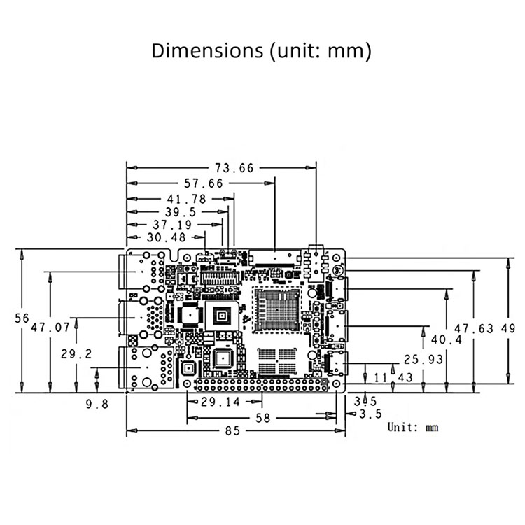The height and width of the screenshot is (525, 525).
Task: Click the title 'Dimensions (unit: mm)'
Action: (x=262, y=51)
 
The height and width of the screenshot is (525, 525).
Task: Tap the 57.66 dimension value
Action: (x=203, y=183)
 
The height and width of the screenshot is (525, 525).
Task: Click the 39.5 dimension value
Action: (x=180, y=212)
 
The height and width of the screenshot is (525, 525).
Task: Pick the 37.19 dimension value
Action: (x=171, y=225)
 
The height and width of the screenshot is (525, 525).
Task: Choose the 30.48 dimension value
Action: (x=167, y=238)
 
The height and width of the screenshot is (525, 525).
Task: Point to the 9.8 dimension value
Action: (x=97, y=404)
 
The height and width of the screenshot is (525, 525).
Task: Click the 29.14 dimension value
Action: (x=220, y=402)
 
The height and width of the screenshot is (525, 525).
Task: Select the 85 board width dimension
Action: (x=232, y=431)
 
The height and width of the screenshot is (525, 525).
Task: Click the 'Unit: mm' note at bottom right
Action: (x=413, y=427)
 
